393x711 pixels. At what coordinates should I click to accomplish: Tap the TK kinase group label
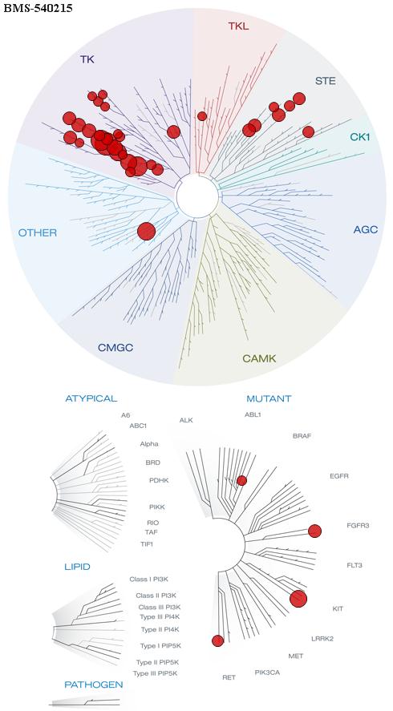click(x=87, y=59)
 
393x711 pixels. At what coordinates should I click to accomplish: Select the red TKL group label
click(x=239, y=26)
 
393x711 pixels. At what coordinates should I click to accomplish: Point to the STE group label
click(x=326, y=81)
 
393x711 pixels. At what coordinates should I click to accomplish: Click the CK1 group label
click(x=360, y=136)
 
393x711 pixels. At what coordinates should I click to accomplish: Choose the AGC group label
click(x=365, y=230)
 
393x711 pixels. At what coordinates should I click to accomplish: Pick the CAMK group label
click(x=259, y=358)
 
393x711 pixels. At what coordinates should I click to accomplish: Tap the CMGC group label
click(x=115, y=348)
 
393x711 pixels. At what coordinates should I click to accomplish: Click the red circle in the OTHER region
click(x=147, y=232)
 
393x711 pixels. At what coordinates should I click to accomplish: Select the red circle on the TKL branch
click(x=202, y=116)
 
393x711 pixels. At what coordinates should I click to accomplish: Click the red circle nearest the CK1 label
click(x=309, y=132)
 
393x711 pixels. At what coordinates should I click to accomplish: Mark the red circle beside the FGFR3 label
click(x=314, y=531)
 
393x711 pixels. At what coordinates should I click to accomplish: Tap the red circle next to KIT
click(x=298, y=599)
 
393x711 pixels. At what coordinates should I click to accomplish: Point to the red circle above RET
click(x=218, y=640)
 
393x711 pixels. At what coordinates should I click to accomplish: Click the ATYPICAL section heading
click(x=91, y=398)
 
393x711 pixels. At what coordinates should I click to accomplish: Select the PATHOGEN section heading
click(x=94, y=685)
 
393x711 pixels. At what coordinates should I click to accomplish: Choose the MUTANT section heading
click(x=269, y=398)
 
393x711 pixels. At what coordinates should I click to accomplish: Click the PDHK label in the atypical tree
click(x=159, y=480)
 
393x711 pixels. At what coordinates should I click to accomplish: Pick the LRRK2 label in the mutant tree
click(x=322, y=639)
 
